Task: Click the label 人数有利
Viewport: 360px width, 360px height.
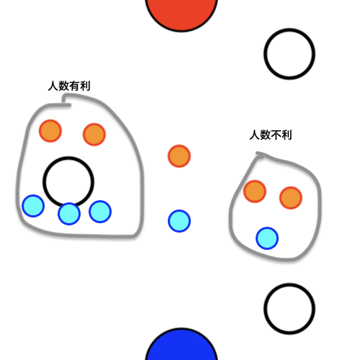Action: point(69,86)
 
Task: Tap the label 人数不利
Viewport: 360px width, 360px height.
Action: point(271,135)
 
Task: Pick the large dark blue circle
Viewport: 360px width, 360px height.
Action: point(181,345)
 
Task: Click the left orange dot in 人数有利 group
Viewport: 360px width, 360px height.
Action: point(50,131)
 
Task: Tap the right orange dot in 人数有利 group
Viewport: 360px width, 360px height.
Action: point(94,135)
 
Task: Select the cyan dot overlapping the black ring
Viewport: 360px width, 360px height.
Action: point(69,214)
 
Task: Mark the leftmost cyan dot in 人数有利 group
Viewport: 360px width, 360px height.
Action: point(33,206)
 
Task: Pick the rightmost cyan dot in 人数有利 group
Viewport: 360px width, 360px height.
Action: point(100,212)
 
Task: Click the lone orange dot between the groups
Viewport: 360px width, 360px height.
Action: point(179,156)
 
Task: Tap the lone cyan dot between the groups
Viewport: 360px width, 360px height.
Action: point(179,221)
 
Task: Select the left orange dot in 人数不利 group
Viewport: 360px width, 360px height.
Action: point(255,192)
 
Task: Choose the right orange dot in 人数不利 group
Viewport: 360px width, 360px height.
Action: point(291,198)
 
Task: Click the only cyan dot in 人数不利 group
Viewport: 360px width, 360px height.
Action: point(267,238)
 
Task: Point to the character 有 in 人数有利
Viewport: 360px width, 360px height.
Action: point(74,86)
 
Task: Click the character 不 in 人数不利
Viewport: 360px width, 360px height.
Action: point(276,135)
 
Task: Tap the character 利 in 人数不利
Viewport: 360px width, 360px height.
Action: point(287,135)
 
